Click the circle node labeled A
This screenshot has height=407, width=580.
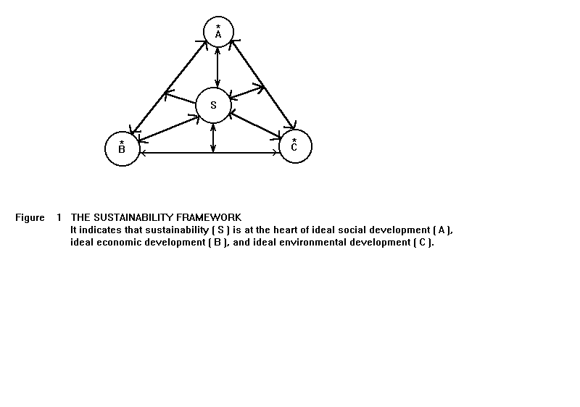click(x=218, y=32)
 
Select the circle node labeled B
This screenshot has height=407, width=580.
click(x=122, y=148)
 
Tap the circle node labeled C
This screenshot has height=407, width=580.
click(x=295, y=146)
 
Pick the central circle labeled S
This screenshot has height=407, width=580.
click(x=213, y=105)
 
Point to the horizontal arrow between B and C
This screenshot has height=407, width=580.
click(x=210, y=153)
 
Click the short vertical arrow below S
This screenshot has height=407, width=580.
click(x=212, y=138)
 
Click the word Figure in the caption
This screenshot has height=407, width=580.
click(x=30, y=217)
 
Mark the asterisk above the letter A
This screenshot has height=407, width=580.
click(x=218, y=27)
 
